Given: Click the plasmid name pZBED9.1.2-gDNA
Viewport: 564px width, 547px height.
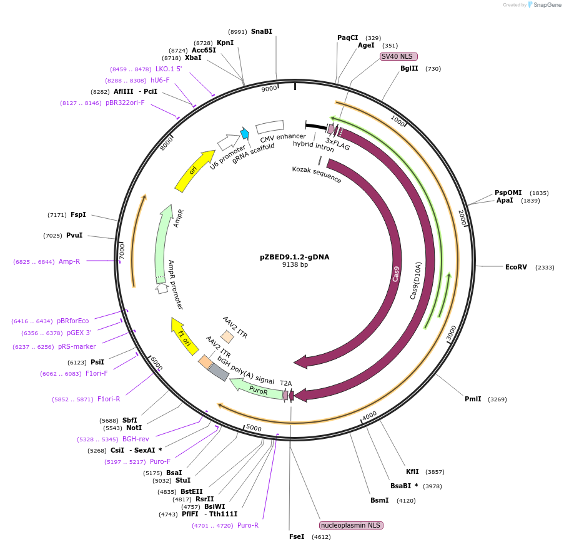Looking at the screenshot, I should (x=294, y=256).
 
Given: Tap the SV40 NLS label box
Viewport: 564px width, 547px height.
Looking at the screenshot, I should (x=398, y=56).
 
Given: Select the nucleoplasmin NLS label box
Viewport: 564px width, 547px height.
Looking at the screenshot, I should (x=350, y=525).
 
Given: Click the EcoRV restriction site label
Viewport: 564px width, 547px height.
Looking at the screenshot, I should (x=516, y=267).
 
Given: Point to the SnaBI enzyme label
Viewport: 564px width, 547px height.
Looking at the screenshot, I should (x=261, y=31).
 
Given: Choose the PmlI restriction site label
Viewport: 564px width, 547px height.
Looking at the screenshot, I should (x=473, y=399).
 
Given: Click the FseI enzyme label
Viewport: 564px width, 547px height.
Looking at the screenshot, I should (x=297, y=536).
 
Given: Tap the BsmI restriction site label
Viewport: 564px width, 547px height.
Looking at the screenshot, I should (x=379, y=500).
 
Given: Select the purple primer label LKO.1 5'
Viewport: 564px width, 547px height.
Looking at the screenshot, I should (x=169, y=69).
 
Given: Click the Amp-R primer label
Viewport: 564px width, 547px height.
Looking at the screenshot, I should (x=69, y=261).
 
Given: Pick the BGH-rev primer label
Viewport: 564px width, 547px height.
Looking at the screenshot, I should (x=136, y=439).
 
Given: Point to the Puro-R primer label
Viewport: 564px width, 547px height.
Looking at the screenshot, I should (x=248, y=525).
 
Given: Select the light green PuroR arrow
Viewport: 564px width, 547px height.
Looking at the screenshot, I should (x=256, y=389).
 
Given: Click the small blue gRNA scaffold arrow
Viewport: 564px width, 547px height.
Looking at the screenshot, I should (x=245, y=133).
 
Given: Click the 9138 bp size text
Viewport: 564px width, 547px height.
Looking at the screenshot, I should (x=295, y=265).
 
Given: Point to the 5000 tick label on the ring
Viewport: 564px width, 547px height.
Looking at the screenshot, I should (x=254, y=428).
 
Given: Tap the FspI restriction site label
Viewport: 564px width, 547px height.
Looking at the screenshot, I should (x=78, y=215).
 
